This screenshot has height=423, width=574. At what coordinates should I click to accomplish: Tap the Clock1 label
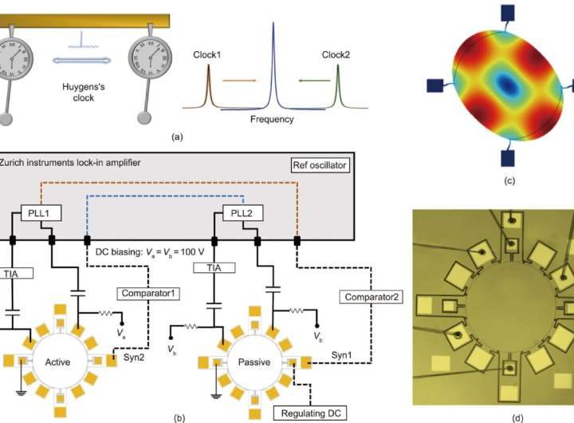tap(207, 56)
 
